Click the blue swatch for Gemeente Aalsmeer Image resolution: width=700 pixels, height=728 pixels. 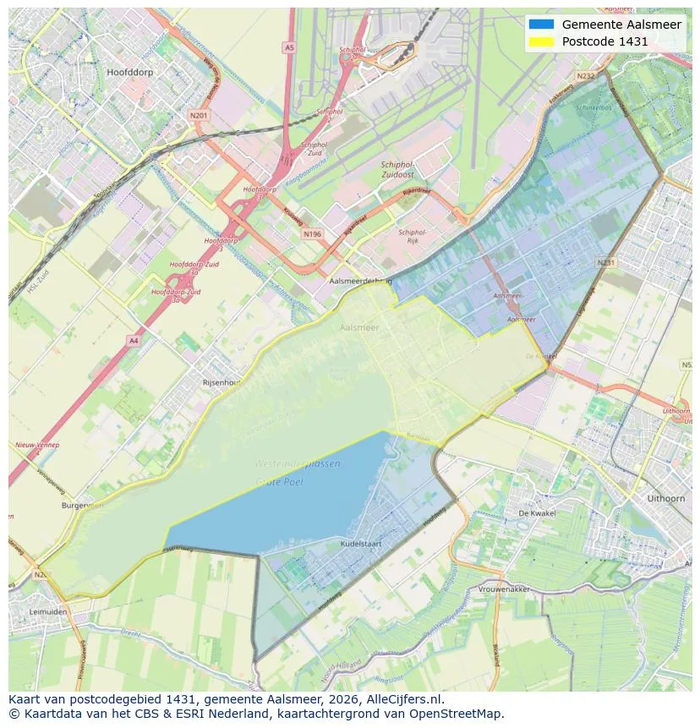point(541,25)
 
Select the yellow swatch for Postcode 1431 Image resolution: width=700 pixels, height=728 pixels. point(541,41)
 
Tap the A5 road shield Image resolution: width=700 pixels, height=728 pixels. point(289,48)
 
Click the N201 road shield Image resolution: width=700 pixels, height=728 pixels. point(199,116)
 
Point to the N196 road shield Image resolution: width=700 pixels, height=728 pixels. point(313,234)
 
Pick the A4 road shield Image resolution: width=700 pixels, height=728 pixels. point(133,340)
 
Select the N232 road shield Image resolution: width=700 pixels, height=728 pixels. point(585,76)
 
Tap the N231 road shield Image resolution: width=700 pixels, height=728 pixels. point(605,263)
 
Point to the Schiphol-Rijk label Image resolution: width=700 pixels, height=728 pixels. point(413,236)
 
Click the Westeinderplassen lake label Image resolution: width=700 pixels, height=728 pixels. point(298,464)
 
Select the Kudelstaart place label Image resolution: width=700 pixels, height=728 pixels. point(361,544)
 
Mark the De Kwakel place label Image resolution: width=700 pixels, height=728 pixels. point(535,513)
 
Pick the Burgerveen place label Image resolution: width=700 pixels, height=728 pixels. point(84,505)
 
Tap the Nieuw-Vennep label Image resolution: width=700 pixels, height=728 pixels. point(37,444)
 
